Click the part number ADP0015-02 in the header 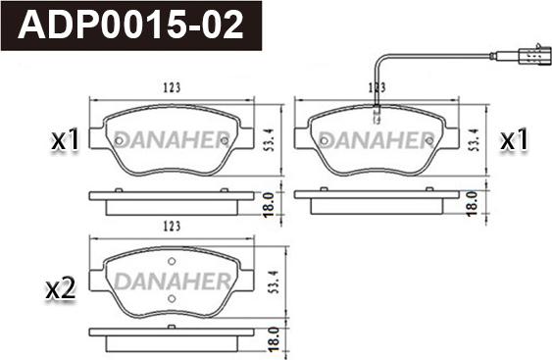pyautogui.click(x=131, y=25)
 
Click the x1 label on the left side pyautogui.click(x=65, y=141)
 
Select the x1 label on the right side pyautogui.click(x=514, y=141)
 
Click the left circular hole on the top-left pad pyautogui.click(x=119, y=140)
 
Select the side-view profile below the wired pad pyautogui.click(x=376, y=200)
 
